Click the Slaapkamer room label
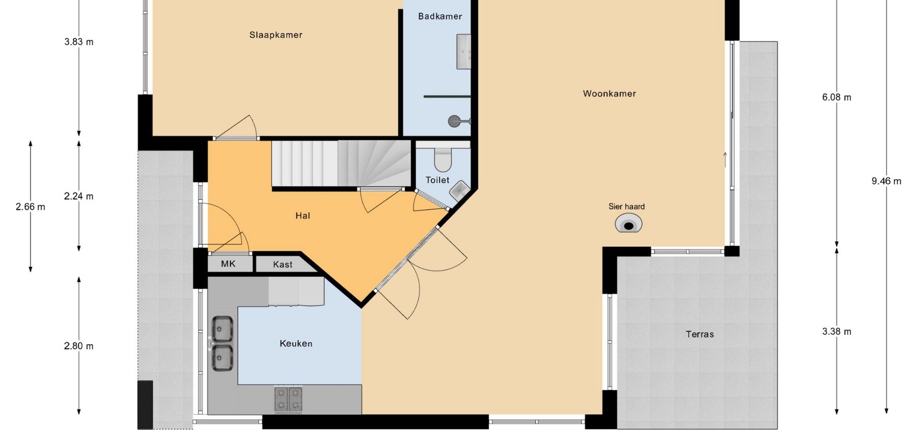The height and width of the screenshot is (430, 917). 276,35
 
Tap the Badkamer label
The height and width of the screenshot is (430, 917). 440,16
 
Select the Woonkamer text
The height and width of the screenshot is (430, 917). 609,94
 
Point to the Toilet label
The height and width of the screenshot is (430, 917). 437,180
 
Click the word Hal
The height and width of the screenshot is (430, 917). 303,216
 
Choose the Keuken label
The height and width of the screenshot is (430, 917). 296,344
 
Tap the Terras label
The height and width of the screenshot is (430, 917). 700,334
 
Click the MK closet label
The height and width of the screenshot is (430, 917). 228,264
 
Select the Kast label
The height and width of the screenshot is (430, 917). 283,265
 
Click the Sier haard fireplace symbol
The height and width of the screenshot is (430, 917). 629,224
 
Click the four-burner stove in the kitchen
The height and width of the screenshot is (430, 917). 288,399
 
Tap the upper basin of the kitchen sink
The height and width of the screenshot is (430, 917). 223,327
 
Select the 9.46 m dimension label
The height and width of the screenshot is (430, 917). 886,181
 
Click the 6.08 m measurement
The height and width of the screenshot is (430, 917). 837,97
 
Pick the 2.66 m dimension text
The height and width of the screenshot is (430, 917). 31,207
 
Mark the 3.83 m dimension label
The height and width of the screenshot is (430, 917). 79,42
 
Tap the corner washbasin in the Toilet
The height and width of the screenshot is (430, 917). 459,191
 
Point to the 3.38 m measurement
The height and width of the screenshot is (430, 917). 837,332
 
